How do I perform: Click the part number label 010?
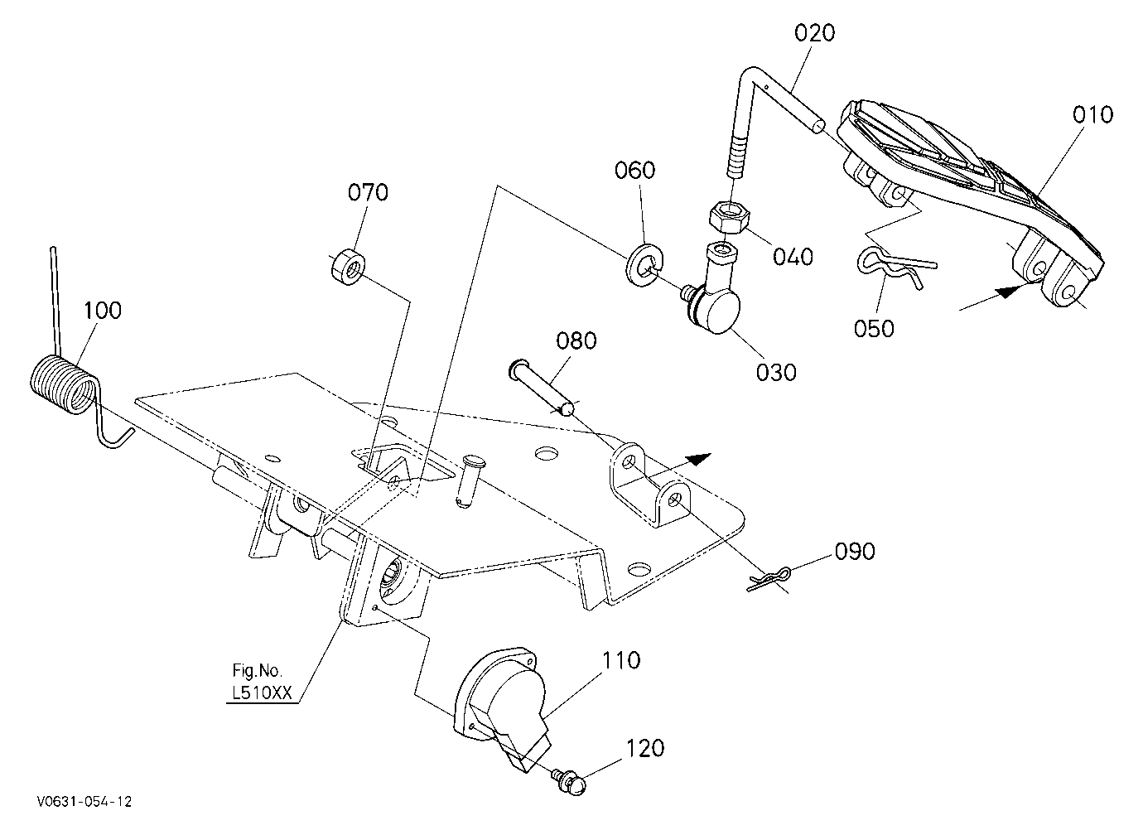click(1092, 115)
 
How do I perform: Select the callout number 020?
click(814, 33)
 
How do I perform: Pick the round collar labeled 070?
click(348, 266)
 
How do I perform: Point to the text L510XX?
click(262, 692)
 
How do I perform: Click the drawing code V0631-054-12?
click(84, 802)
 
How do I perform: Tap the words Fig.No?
click(257, 670)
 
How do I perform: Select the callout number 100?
click(102, 311)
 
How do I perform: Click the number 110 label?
click(621, 660)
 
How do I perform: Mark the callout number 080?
click(576, 341)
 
